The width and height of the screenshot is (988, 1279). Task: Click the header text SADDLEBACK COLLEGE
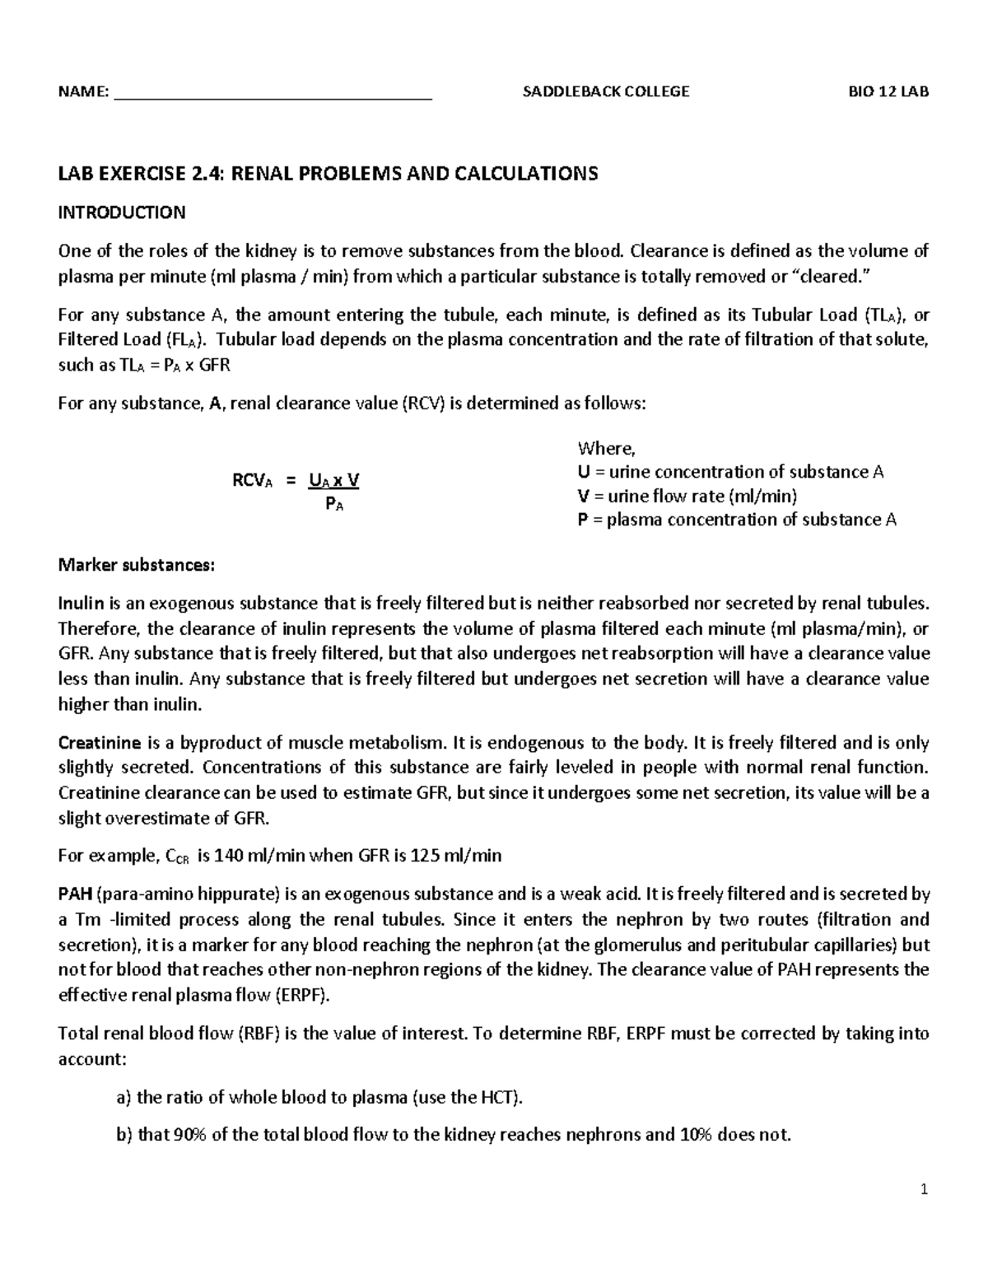pyautogui.click(x=606, y=91)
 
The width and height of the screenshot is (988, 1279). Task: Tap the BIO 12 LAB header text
pyautogui.click(x=888, y=91)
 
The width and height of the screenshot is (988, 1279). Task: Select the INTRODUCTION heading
pyautogui.click(x=121, y=212)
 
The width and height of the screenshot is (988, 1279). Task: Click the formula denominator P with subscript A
pyautogui.click(x=334, y=506)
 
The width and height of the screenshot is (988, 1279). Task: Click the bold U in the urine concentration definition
pyautogui.click(x=584, y=472)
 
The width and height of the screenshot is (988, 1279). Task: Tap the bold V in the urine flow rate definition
pyautogui.click(x=584, y=496)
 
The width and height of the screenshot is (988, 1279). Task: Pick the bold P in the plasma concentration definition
pyautogui.click(x=583, y=520)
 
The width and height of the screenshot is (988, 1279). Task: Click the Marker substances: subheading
pyautogui.click(x=136, y=565)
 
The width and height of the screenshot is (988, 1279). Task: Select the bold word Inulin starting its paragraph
pyautogui.click(x=79, y=603)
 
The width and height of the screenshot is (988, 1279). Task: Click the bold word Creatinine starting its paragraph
pyautogui.click(x=99, y=743)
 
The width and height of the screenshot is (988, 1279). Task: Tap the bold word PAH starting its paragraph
pyautogui.click(x=75, y=894)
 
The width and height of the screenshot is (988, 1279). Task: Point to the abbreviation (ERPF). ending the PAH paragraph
pyautogui.click(x=301, y=995)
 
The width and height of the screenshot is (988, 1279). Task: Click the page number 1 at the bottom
pyautogui.click(x=925, y=1189)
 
